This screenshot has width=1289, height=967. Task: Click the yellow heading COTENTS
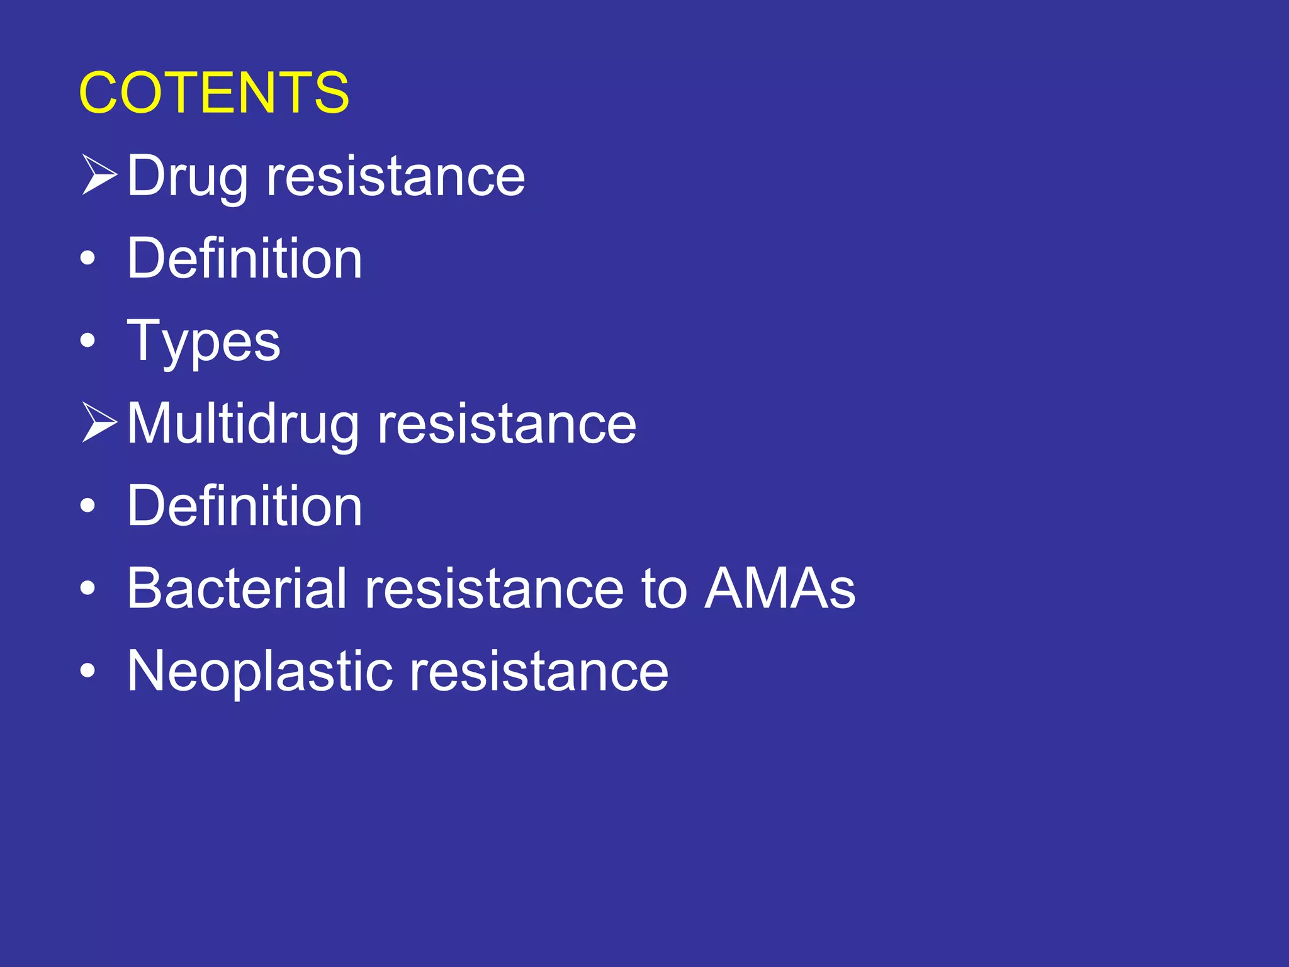[213, 93]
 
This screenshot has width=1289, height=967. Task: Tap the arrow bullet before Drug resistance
[99, 174]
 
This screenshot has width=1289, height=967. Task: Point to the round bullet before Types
[88, 341]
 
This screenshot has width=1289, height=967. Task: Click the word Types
[203, 342]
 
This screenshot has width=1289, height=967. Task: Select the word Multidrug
[243, 424]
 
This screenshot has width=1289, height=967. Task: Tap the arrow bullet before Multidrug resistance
[99, 422]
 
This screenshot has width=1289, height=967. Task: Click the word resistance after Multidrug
[507, 424]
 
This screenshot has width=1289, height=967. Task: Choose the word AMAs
[780, 589]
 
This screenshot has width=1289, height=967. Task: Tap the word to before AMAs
[664, 590]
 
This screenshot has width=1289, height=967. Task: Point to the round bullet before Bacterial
[88, 588]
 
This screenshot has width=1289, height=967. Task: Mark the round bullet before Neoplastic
[88, 671]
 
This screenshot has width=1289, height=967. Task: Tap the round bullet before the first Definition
[88, 258]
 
